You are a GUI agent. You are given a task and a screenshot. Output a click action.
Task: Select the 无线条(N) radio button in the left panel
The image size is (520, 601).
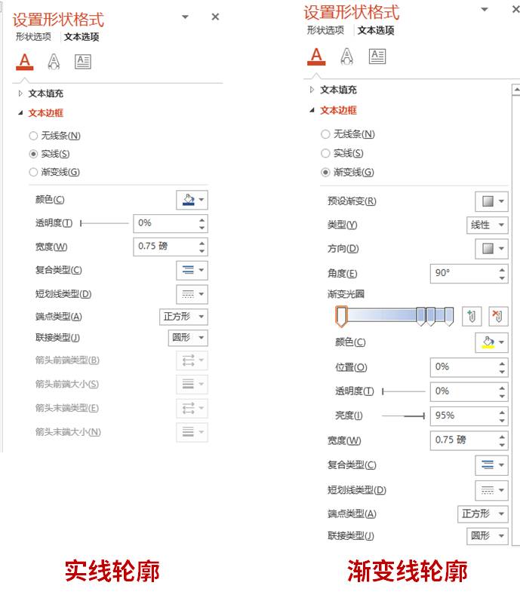coord(33,136)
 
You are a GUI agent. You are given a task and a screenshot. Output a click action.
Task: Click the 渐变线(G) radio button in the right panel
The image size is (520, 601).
coord(325,172)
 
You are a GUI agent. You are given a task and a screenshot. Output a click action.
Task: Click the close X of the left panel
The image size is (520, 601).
coord(215,17)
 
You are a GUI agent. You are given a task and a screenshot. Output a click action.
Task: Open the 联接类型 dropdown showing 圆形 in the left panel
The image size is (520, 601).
coord(187,338)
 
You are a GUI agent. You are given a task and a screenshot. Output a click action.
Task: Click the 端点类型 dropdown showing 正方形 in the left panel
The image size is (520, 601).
coord(184,317)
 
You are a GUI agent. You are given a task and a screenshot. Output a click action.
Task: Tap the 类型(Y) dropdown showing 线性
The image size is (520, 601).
coord(487,225)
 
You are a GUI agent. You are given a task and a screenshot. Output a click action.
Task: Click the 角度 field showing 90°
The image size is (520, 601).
coord(463,273)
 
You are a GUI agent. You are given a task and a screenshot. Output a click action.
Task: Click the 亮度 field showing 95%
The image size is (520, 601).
coord(463,415)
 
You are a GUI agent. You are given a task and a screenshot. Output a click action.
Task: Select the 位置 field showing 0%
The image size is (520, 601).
coord(463,367)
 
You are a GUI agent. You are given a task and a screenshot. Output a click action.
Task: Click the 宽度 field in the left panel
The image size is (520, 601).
coord(165,247)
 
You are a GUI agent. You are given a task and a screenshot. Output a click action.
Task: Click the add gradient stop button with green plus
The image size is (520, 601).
coord(472,316)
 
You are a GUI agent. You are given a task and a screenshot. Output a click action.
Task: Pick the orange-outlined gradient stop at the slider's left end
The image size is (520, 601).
coord(341,316)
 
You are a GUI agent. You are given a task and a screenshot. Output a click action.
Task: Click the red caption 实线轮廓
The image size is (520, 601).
coord(112,571)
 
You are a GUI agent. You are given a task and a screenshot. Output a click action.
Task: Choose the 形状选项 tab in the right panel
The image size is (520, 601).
coord(325,31)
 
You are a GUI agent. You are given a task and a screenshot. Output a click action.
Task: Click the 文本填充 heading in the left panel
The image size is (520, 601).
coord(46,94)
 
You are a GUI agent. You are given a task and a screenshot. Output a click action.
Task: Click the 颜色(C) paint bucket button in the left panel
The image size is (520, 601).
coord(192,200)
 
